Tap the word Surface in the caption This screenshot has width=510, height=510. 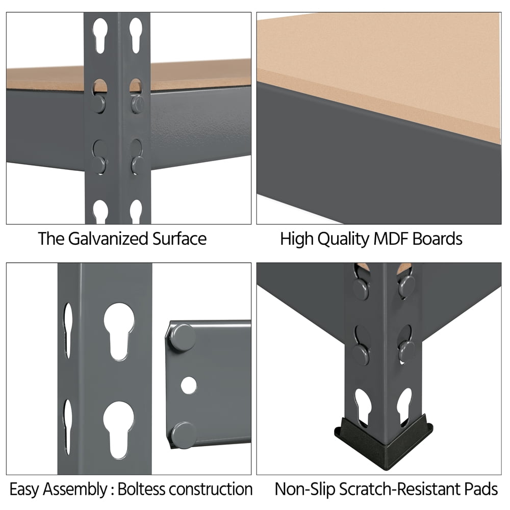(x=180, y=239)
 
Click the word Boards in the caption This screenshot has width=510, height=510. (x=437, y=239)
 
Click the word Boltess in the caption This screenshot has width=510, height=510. (x=141, y=489)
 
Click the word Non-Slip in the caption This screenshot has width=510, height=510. (x=305, y=490)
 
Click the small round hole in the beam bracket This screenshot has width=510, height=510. (x=189, y=385)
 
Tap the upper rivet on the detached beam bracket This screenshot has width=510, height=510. (x=183, y=337)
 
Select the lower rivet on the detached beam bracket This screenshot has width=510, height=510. (x=184, y=435)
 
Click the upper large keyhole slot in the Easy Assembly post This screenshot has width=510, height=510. (x=119, y=331)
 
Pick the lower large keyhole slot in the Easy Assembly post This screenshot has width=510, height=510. (x=119, y=430)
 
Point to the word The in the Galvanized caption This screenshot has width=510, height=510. (x=51, y=239)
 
